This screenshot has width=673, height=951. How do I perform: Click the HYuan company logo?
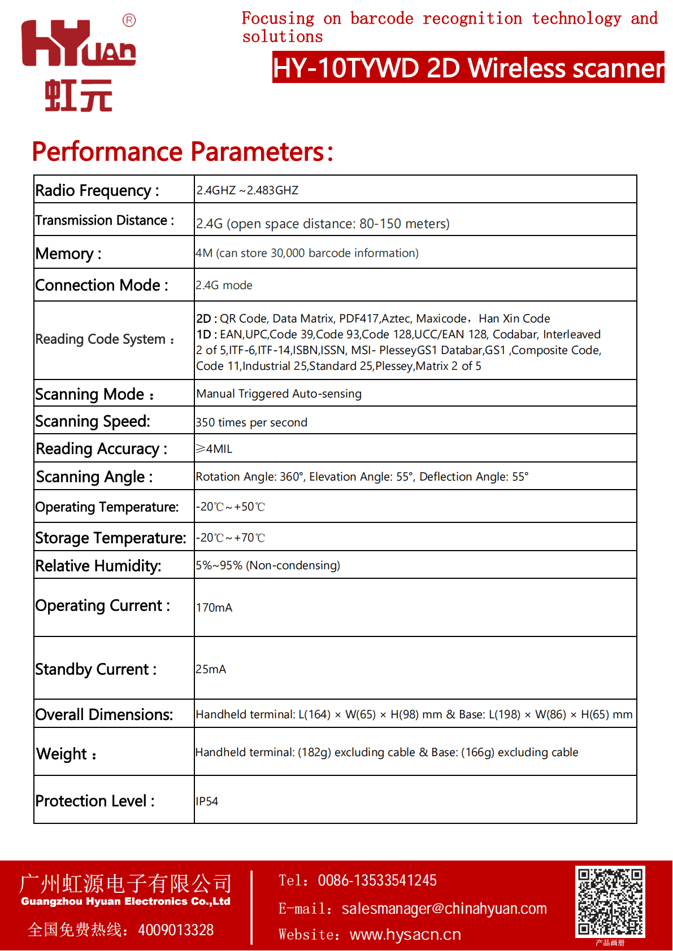tap(79, 65)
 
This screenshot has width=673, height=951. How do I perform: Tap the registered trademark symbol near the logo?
tap(129, 20)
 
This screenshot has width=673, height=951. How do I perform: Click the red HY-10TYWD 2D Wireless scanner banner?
tap(468, 68)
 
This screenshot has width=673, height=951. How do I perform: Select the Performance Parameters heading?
tap(183, 151)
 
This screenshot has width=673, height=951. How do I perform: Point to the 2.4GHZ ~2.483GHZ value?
tap(248, 190)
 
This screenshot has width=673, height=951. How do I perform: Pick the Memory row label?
tap(68, 254)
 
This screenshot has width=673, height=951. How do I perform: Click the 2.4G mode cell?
tap(224, 285)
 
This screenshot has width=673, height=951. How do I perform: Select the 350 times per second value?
tap(251, 422)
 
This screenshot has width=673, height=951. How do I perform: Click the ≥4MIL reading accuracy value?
tap(214, 449)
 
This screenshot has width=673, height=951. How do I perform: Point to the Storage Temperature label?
tap(111, 538)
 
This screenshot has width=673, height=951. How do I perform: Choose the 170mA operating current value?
tap(214, 608)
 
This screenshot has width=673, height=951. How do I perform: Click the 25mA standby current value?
tap(211, 669)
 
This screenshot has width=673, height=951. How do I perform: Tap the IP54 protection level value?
tap(207, 801)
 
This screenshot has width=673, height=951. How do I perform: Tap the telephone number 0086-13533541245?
tap(377, 880)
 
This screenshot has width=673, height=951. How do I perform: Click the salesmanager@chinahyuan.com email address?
tap(444, 909)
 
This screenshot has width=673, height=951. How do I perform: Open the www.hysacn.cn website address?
tap(405, 935)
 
